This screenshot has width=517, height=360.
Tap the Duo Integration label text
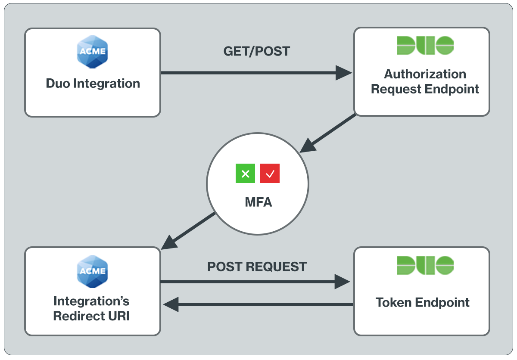click(x=93, y=83)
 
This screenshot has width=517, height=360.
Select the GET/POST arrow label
click(x=257, y=51)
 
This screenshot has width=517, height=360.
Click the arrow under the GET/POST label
click(x=256, y=73)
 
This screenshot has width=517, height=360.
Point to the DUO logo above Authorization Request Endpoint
click(x=425, y=46)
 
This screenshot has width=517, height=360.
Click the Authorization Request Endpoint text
click(x=425, y=81)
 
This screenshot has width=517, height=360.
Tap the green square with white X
click(x=245, y=174)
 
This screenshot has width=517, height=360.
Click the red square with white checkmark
click(x=270, y=174)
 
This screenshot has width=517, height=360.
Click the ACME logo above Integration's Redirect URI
click(x=92, y=270)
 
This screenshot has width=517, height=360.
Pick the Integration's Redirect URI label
click(x=91, y=308)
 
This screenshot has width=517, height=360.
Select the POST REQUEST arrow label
click(x=257, y=267)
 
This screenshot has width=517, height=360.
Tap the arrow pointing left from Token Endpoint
click(x=258, y=304)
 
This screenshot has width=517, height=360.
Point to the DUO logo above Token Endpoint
click(x=425, y=265)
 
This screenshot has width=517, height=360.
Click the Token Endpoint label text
click(x=422, y=302)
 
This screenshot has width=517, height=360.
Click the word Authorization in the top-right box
click(x=425, y=74)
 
